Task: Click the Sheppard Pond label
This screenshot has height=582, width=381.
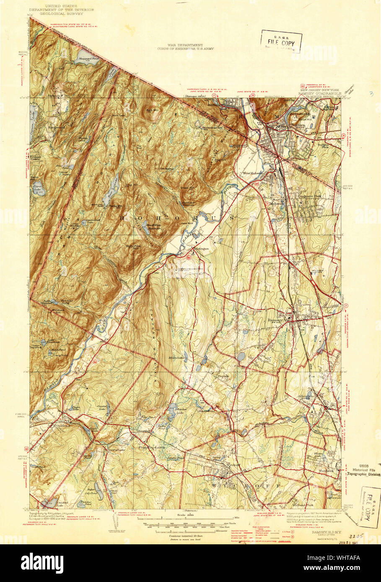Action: [88, 59]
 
